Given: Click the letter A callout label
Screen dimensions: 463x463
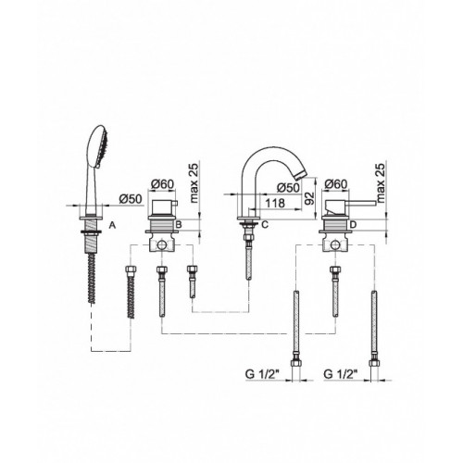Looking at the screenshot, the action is pyautogui.click(x=112, y=226).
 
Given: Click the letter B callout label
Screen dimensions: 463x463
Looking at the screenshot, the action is pyautogui.click(x=178, y=225).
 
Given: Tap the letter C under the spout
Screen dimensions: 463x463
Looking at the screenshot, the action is pyautogui.click(x=265, y=225).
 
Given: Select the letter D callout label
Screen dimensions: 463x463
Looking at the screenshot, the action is pyautogui.click(x=354, y=225).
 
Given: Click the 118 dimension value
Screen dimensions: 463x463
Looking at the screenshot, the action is pyautogui.click(x=275, y=203).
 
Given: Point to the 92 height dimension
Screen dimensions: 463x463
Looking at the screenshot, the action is pyautogui.click(x=309, y=198).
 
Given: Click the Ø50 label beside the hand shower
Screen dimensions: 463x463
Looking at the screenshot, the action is pyautogui.click(x=131, y=199).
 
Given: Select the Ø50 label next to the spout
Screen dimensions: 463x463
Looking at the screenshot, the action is pyautogui.click(x=288, y=187).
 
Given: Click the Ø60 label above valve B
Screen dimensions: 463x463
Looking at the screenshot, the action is pyautogui.click(x=163, y=184).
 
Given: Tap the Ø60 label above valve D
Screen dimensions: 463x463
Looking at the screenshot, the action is pyautogui.click(x=336, y=184).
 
